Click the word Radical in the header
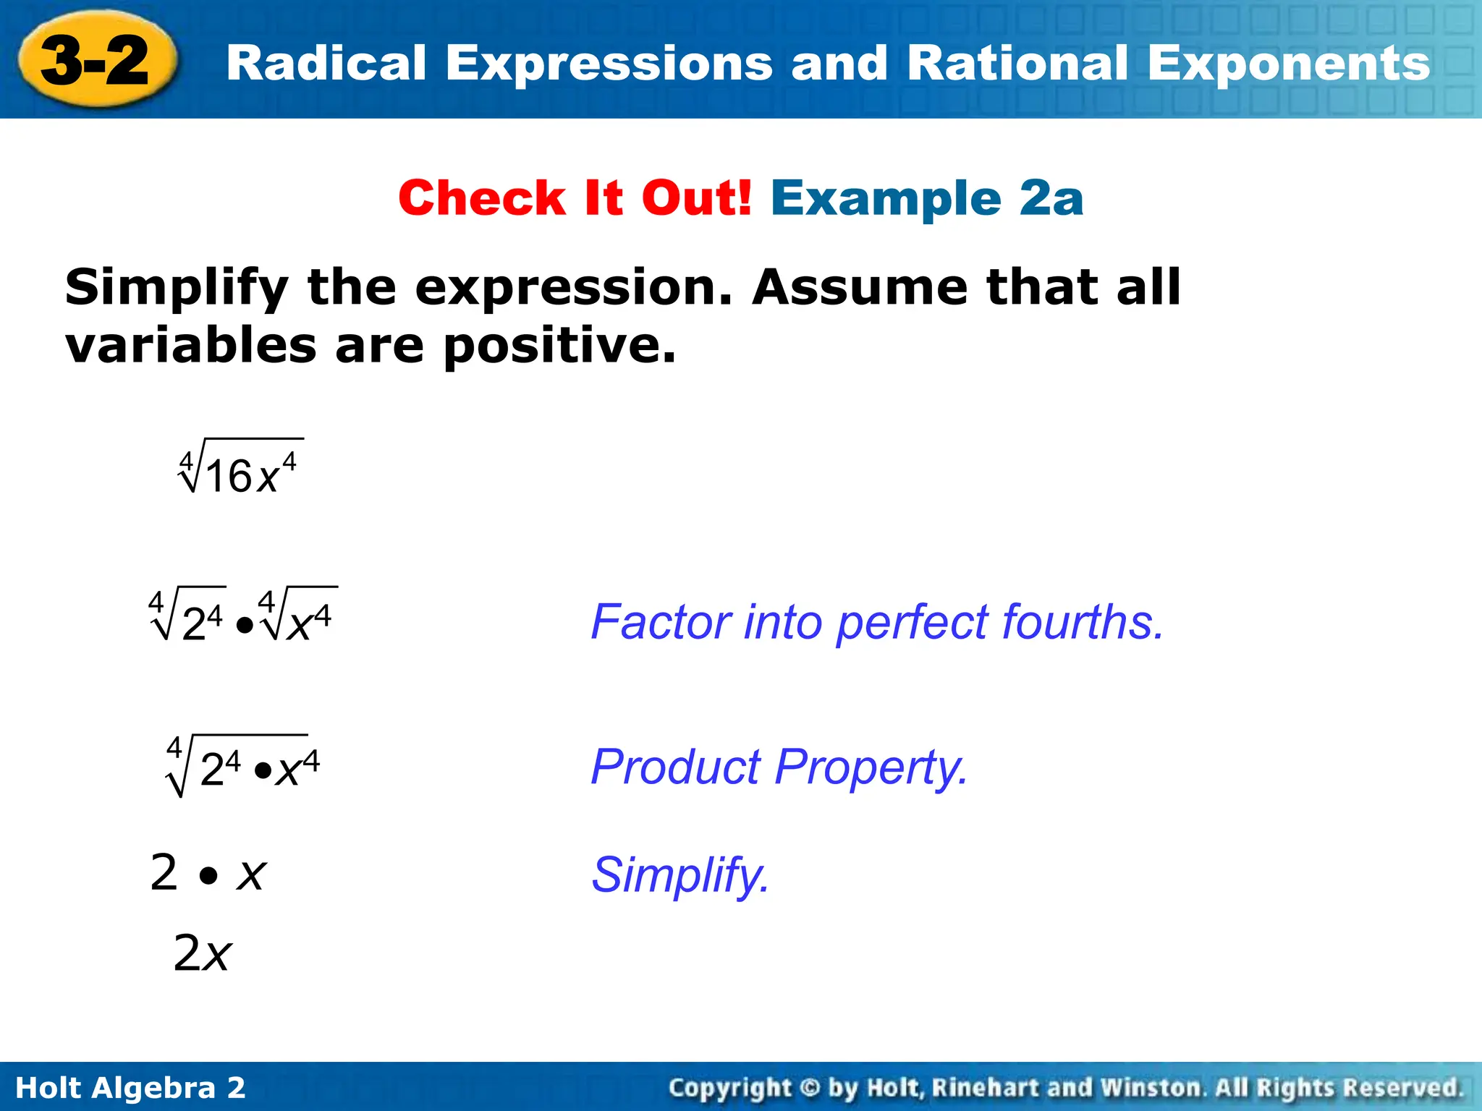point(326,64)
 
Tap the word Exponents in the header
point(1288,64)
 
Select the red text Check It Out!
point(575,198)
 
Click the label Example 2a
point(927,198)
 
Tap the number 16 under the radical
point(229,477)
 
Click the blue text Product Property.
point(779,767)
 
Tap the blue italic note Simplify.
point(680,876)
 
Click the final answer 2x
point(202,953)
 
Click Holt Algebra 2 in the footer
point(130,1088)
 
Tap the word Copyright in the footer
point(729,1088)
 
